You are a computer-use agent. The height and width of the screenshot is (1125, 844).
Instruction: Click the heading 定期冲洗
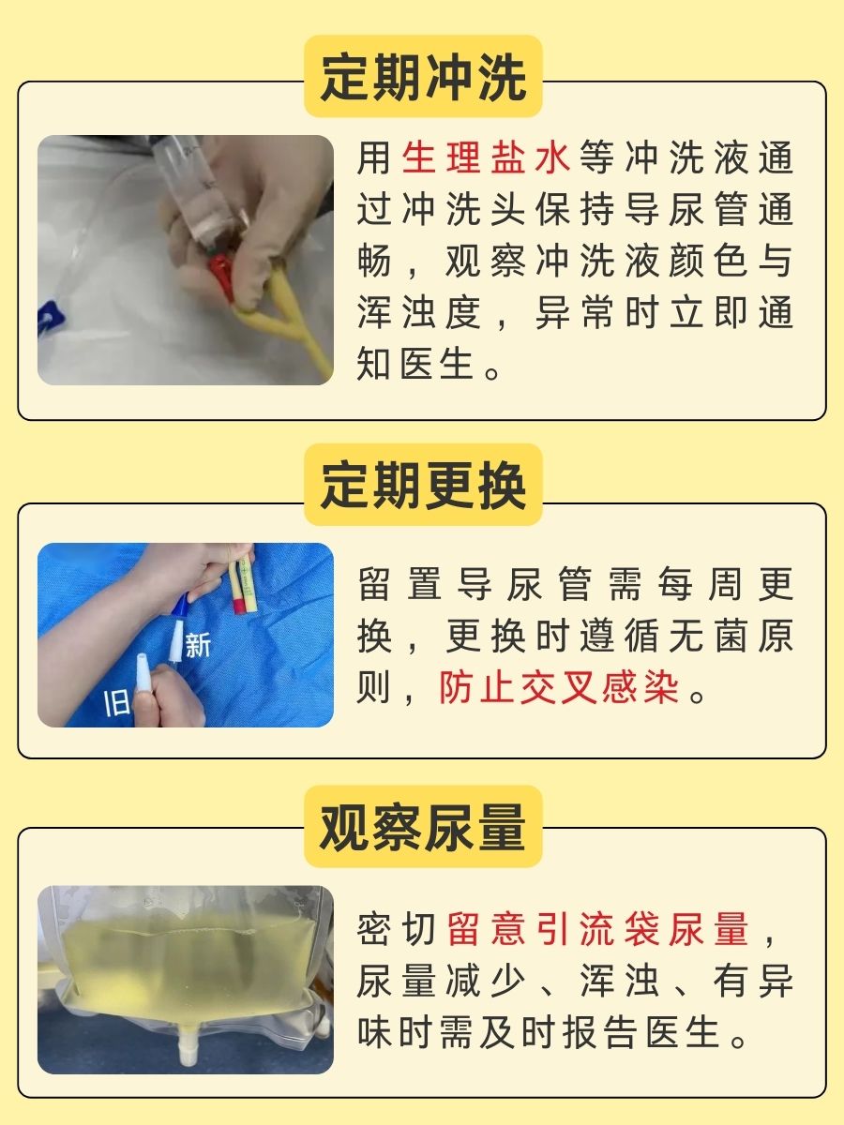coord(423,77)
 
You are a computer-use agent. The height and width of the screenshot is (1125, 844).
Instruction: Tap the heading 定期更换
coord(423,485)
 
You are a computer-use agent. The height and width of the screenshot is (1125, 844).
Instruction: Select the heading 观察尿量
coord(423,827)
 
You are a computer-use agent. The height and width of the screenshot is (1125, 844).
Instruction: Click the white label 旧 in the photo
coord(115,703)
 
